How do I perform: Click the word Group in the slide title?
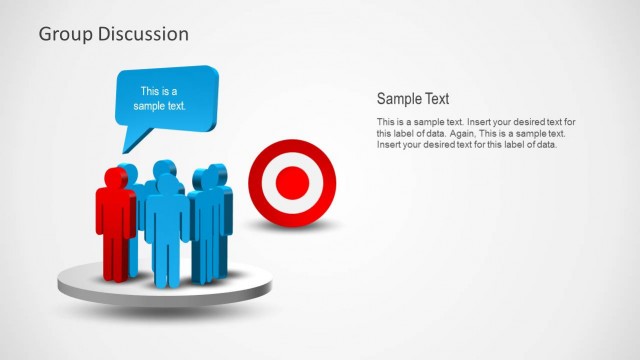[65, 34]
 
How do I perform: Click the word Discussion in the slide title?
[141, 34]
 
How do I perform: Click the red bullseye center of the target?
[292, 182]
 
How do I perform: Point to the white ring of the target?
[292, 160]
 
